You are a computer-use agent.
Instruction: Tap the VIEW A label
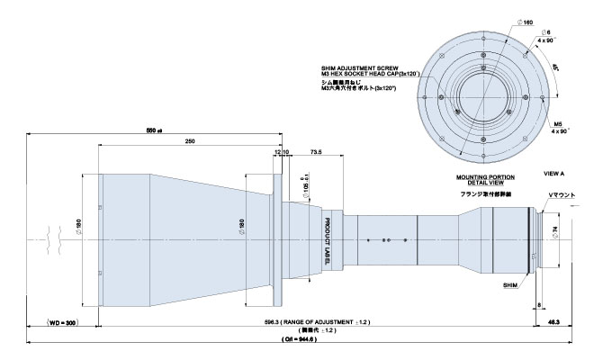(555, 171)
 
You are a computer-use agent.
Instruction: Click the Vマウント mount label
(556, 195)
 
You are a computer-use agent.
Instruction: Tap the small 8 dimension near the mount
(538, 306)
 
